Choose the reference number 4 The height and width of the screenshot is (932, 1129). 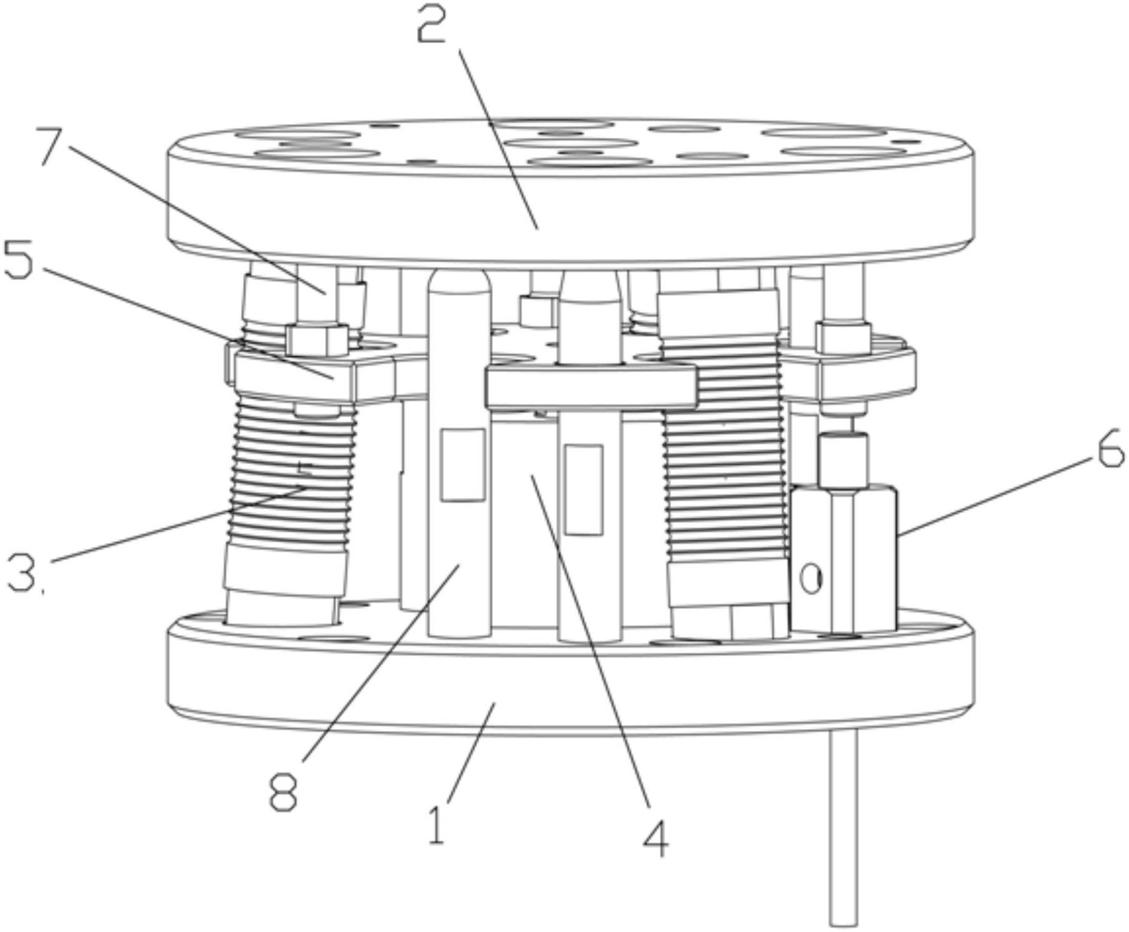tap(656, 838)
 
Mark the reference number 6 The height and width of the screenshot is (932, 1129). tap(1110, 452)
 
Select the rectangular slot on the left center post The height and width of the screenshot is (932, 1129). tap(463, 465)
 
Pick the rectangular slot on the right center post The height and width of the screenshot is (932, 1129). tap(584, 489)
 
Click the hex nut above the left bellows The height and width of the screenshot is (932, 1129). tap(317, 339)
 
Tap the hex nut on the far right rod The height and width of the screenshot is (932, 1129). tap(843, 336)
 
